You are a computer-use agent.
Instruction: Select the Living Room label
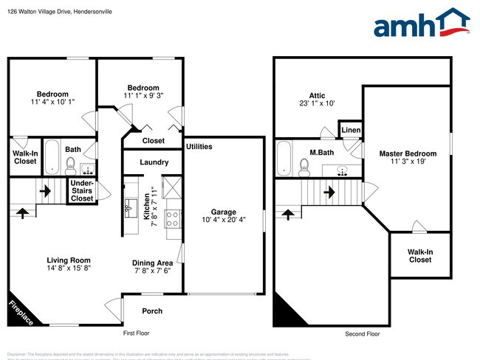tap(69, 265)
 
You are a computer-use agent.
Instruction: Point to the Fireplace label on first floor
tap(21, 312)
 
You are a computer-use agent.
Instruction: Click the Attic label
tap(318, 99)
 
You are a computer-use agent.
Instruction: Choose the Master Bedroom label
tap(408, 158)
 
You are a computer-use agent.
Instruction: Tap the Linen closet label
tap(351, 131)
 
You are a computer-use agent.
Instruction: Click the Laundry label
tap(154, 162)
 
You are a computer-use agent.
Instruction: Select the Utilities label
tap(199, 147)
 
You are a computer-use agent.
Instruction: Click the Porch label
tap(152, 311)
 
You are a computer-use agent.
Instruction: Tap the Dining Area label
tap(152, 267)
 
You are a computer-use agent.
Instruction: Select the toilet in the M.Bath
tap(304, 169)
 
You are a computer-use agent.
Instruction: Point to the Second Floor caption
tap(363, 333)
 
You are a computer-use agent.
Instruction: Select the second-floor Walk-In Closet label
tap(419, 255)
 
